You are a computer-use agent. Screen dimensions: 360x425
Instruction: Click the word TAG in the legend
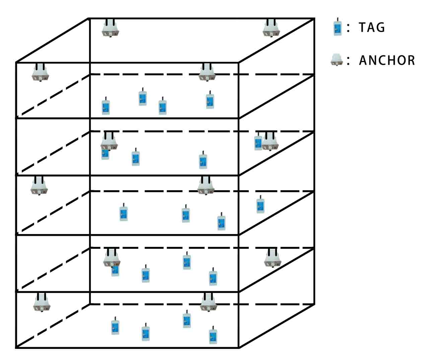click(x=372, y=27)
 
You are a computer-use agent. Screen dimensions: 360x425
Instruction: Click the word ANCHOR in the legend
click(x=387, y=61)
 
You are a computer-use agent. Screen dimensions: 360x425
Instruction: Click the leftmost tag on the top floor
click(x=106, y=107)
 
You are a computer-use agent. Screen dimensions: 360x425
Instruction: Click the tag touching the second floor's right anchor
click(x=258, y=143)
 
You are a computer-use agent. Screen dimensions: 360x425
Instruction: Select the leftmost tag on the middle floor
click(x=124, y=213)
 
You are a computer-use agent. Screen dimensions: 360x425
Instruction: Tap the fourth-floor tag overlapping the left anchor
click(x=115, y=270)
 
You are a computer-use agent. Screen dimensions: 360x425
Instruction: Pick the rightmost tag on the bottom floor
click(x=213, y=336)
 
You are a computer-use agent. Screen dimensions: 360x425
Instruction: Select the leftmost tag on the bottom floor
click(x=116, y=327)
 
